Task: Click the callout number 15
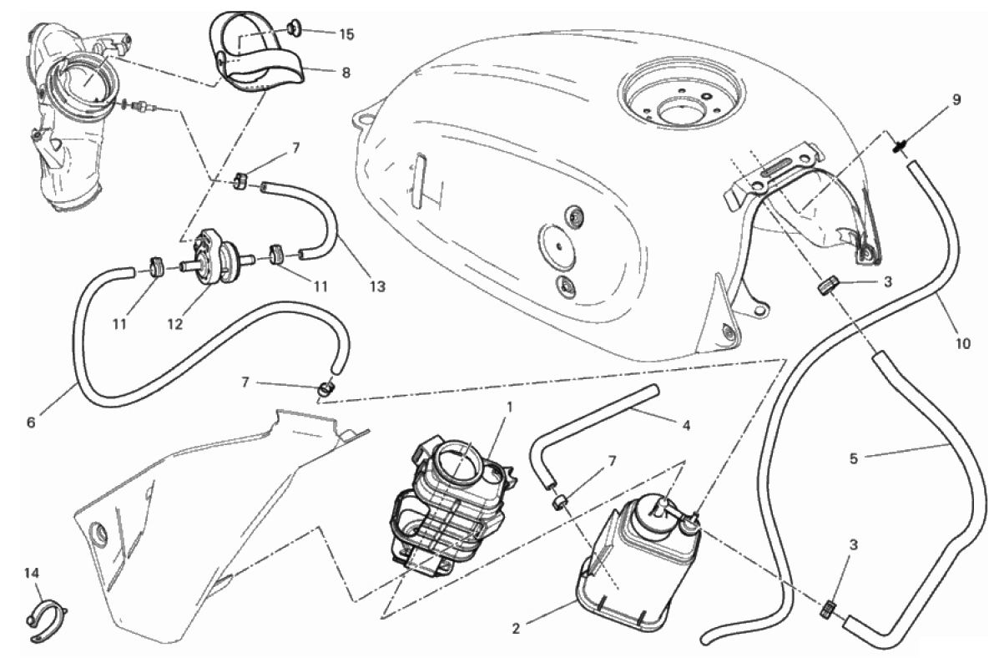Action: pos(346,34)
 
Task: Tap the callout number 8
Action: pos(346,73)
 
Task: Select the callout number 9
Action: pos(956,99)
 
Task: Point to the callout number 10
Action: pos(962,344)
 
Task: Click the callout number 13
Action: pos(378,287)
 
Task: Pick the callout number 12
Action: pos(175,324)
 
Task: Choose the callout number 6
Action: pos(31,422)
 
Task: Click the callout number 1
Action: pos(509,406)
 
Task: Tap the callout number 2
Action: pos(516,629)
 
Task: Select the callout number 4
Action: pos(686,425)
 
